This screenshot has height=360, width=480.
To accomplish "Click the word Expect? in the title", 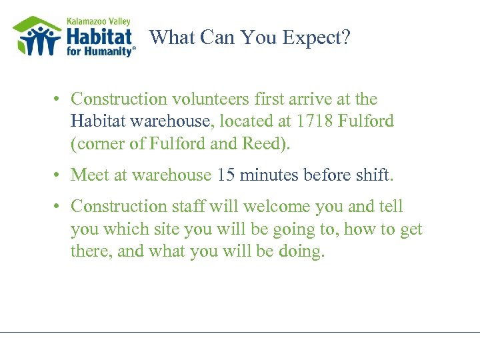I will coord(317,38).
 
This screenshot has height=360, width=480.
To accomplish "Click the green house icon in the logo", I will coord(37,37).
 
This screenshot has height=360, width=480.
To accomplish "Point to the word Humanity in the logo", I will coord(110,51).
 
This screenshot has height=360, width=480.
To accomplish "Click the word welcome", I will coord(274,207).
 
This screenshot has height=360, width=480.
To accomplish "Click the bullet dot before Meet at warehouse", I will coord(59,175).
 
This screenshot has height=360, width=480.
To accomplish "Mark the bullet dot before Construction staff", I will coord(59,207).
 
